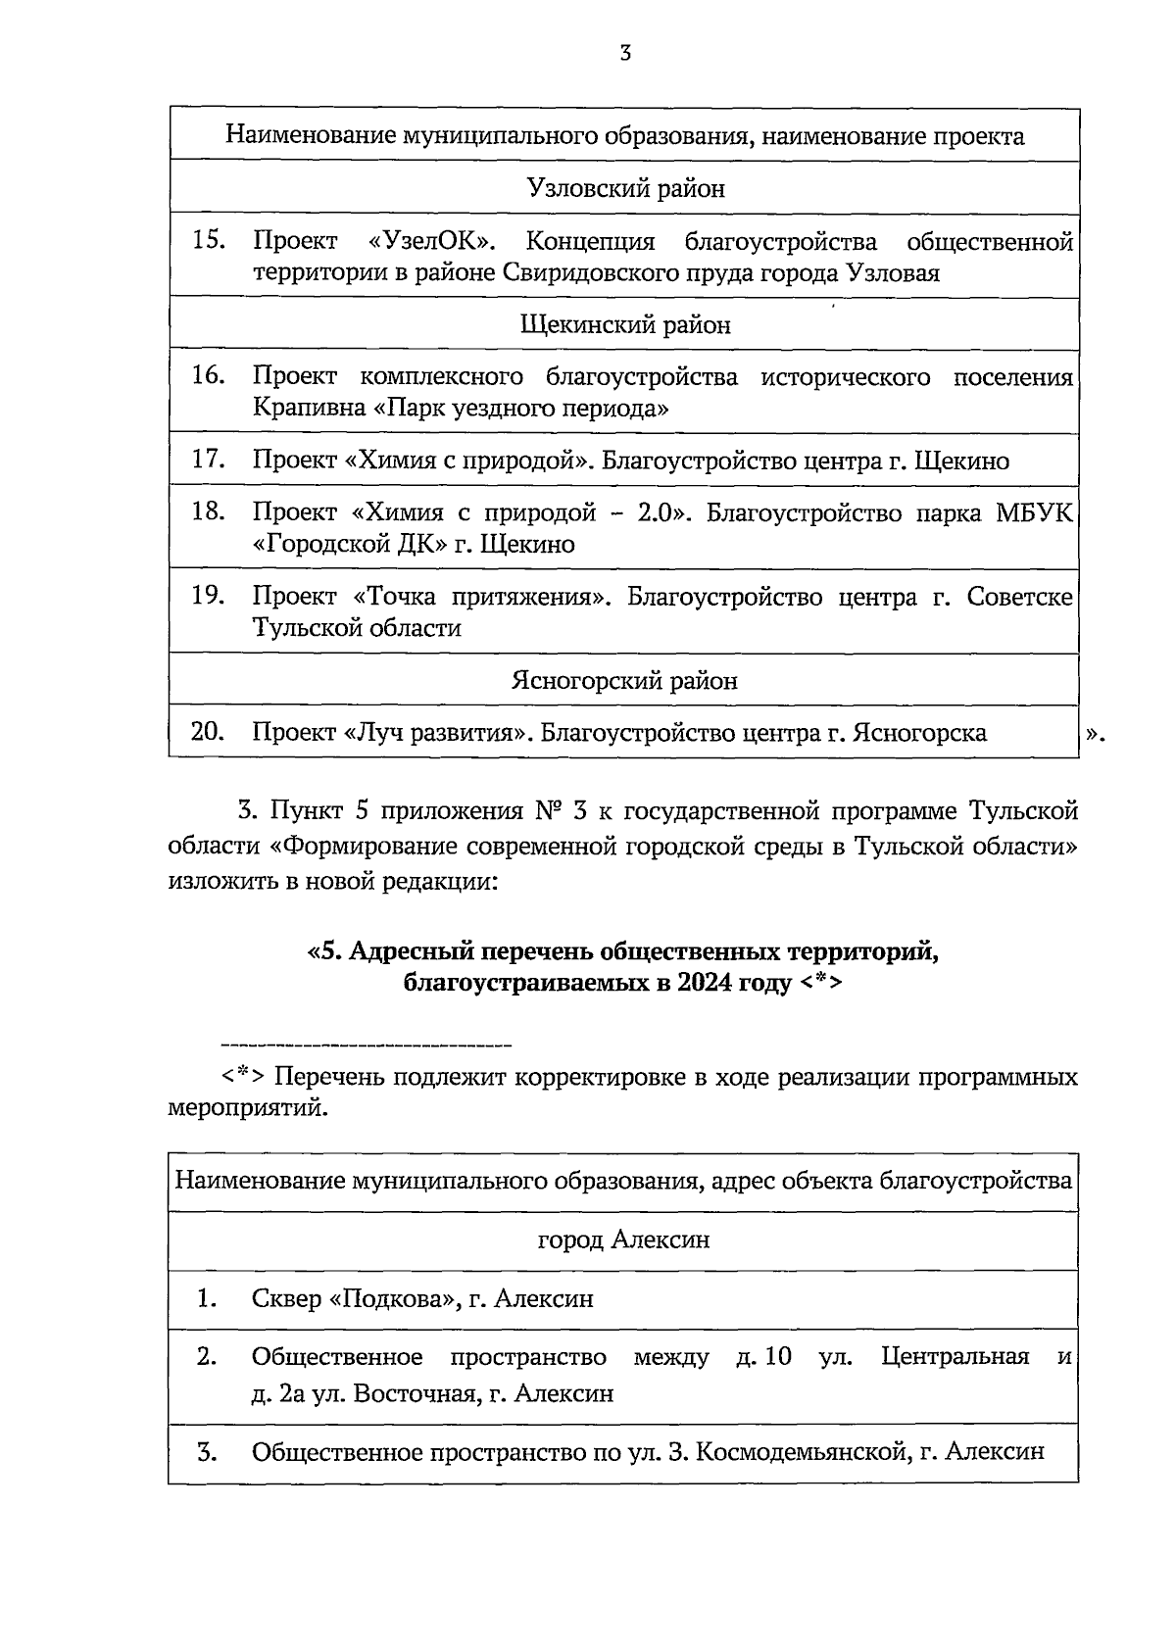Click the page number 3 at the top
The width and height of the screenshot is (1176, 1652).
coord(624,54)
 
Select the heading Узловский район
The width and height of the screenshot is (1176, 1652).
coord(625,188)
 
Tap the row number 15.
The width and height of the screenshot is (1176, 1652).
coord(209,240)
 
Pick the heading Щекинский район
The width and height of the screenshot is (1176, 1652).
coord(625,324)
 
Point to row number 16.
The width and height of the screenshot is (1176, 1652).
coord(209,375)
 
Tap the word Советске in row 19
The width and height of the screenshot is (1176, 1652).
coord(1019,597)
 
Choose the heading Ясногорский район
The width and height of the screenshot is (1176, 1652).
coord(625,680)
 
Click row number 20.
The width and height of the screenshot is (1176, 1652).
coord(209,732)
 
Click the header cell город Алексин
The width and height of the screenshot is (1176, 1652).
coord(623,1240)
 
